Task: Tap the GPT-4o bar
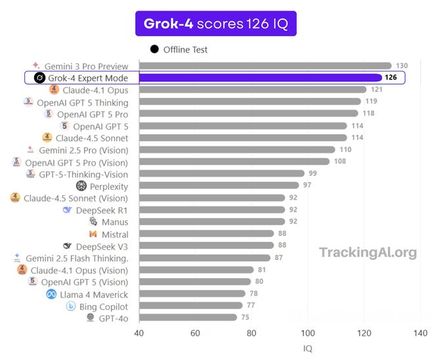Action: [x=188, y=318]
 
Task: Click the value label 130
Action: [x=402, y=66]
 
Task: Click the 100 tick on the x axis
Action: [x=308, y=333]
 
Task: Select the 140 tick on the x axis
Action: [x=421, y=333]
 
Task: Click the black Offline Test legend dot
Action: [x=154, y=49]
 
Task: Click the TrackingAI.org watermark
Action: [x=368, y=252]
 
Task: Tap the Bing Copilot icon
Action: [x=71, y=306]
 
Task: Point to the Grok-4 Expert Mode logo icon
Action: [x=39, y=78]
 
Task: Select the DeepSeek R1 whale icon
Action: [x=66, y=210]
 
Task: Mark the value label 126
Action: [x=391, y=78]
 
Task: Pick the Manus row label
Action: [x=115, y=222]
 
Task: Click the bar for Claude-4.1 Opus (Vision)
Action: [x=196, y=270]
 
